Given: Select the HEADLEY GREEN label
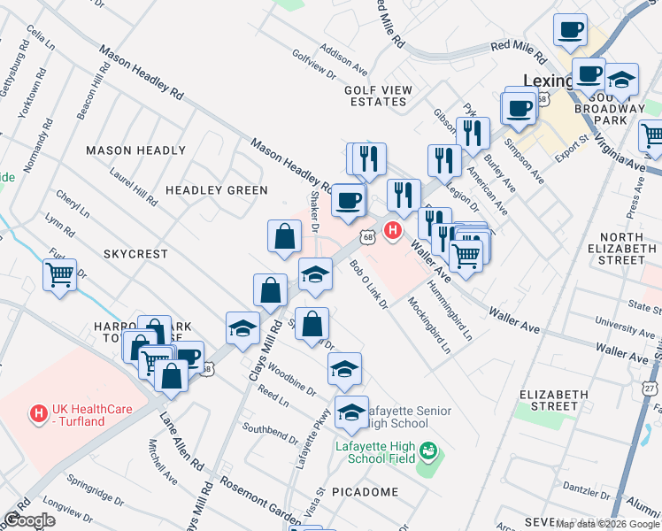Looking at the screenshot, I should pyautogui.click(x=216, y=190).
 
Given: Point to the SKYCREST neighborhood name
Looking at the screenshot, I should pyautogui.click(x=135, y=254).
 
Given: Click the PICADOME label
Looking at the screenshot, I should pyautogui.click(x=365, y=491).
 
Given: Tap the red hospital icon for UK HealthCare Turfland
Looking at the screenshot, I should pyautogui.click(x=38, y=413).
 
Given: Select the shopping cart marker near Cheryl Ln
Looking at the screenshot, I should pyautogui.click(x=59, y=276).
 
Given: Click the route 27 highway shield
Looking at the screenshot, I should pyautogui.click(x=650, y=389).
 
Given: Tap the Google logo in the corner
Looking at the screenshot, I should pyautogui.click(x=28, y=520).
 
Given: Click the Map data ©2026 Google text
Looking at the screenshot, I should pyautogui.click(x=608, y=524).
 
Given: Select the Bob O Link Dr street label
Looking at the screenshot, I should pyautogui.click(x=368, y=284).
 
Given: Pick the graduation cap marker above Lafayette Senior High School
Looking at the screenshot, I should pyautogui.click(x=344, y=370).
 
